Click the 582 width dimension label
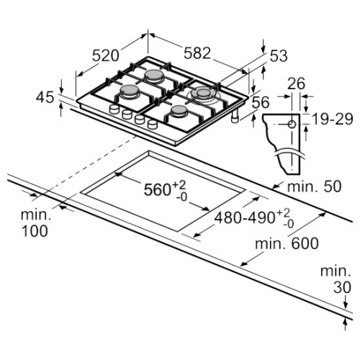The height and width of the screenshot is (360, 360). [197, 53]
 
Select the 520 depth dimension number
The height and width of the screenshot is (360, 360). [106, 55]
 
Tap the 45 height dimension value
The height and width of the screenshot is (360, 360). [45, 98]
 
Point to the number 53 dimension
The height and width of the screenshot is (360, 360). [279, 56]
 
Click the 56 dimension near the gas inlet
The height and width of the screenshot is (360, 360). [261, 102]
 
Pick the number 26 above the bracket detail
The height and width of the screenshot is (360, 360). [296, 84]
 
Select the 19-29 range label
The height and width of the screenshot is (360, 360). [333, 119]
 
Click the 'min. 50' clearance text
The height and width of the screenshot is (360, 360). [314, 186]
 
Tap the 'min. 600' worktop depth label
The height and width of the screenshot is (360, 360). [287, 243]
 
